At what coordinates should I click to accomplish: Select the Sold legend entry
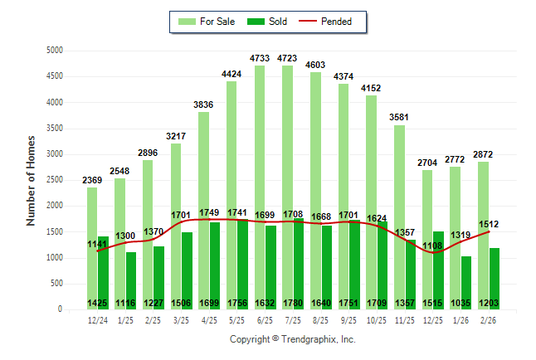(x=268, y=22)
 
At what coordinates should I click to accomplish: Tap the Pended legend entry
(x=331, y=22)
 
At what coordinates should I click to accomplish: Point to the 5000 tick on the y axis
(x=54, y=51)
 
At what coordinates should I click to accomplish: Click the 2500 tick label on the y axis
(x=54, y=180)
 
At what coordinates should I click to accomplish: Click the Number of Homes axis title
(x=31, y=180)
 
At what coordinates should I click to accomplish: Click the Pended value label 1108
(x=432, y=246)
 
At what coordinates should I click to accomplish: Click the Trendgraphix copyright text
(x=292, y=340)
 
